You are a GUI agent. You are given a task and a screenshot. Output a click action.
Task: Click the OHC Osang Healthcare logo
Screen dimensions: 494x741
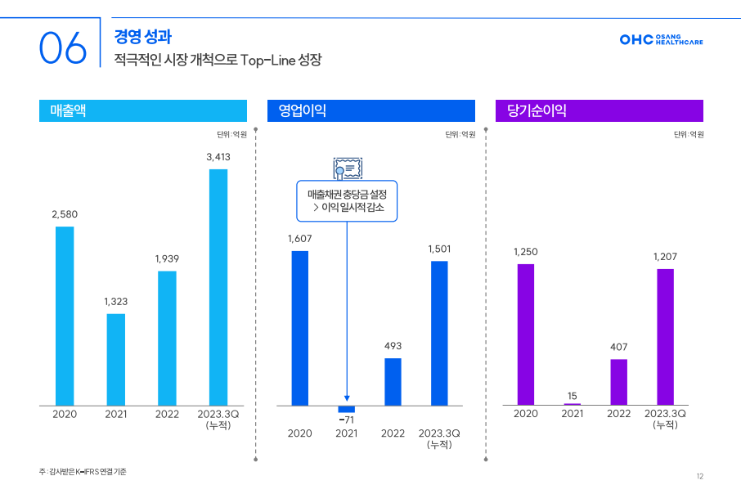pyautogui.click(x=661, y=39)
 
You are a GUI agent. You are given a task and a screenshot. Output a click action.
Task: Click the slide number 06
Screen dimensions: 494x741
pyautogui.click(x=62, y=48)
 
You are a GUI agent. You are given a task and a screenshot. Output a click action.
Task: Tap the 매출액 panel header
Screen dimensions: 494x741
pyautogui.click(x=142, y=110)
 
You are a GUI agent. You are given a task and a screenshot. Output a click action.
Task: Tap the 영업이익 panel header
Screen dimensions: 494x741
pyautogui.click(x=370, y=110)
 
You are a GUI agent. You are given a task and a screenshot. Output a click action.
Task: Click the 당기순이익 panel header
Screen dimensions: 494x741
pyautogui.click(x=599, y=110)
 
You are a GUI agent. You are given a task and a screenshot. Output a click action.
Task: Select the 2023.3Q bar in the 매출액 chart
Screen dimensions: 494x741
pyautogui.click(x=218, y=286)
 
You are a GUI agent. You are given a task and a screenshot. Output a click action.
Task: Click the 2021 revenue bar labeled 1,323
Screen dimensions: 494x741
pyautogui.click(x=116, y=359)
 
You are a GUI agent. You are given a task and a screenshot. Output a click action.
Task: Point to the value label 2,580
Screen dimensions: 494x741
pyautogui.click(x=65, y=213)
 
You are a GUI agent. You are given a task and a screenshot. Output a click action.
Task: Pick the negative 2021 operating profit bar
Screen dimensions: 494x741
pyautogui.click(x=347, y=409)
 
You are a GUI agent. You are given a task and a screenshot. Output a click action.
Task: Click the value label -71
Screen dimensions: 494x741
pyautogui.click(x=347, y=419)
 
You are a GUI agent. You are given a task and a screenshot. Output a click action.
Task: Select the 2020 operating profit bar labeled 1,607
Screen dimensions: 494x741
pyautogui.click(x=300, y=328)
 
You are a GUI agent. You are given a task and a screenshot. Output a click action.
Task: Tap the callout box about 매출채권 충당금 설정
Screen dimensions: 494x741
pyautogui.click(x=347, y=201)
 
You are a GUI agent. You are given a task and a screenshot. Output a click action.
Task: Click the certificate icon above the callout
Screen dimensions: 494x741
pyautogui.click(x=347, y=168)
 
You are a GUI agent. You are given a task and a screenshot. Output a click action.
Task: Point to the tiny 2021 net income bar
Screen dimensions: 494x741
pyautogui.click(x=573, y=404)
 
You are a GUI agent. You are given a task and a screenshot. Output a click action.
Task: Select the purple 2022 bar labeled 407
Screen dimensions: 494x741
pyautogui.click(x=619, y=382)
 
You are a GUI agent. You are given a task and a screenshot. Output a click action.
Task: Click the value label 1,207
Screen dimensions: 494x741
pyautogui.click(x=665, y=257)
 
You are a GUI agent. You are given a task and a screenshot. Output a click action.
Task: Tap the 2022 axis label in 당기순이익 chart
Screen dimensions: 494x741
pyautogui.click(x=619, y=414)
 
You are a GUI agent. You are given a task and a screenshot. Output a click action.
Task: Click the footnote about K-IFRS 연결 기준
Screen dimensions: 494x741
pyautogui.click(x=83, y=472)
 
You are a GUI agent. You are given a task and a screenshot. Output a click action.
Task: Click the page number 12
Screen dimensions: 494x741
pyautogui.click(x=700, y=476)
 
